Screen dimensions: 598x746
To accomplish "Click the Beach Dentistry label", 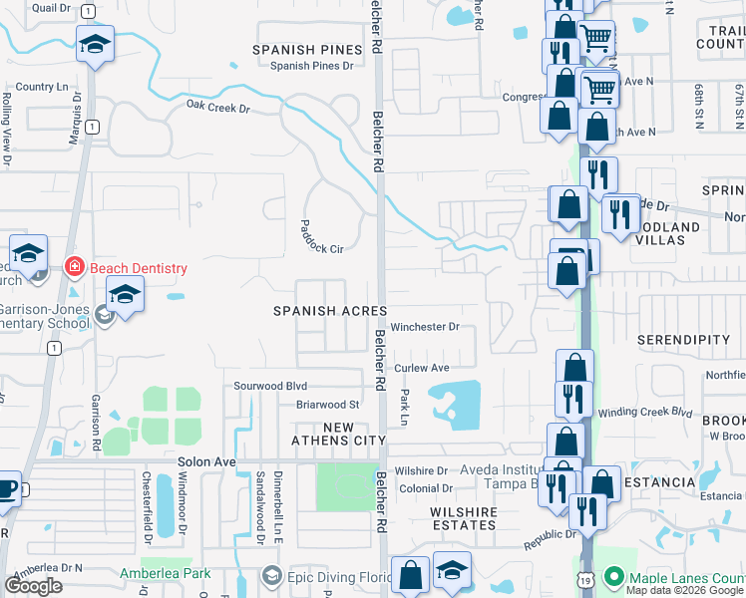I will click(138, 268).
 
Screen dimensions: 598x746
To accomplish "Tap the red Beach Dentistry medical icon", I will click(73, 267).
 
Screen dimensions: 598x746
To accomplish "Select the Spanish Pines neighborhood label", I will click(306, 49).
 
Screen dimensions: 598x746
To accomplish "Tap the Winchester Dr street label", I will click(424, 327).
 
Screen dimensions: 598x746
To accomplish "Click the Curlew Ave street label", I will click(422, 368).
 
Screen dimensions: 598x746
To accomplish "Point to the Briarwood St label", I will click(326, 405).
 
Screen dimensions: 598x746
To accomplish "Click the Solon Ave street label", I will click(206, 462).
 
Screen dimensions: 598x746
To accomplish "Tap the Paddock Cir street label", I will click(321, 236).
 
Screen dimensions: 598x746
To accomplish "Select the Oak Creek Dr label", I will click(217, 107).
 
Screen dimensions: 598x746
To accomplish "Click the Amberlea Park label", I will click(152, 574).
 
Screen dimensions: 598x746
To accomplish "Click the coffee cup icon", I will click(7, 490).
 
